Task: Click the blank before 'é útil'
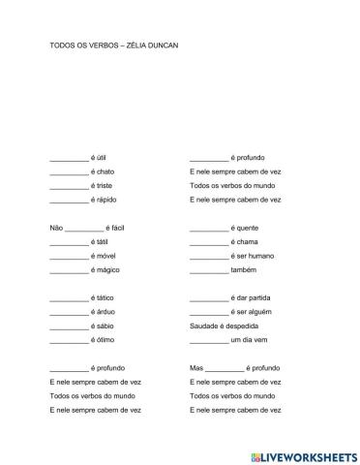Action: pos(68,157)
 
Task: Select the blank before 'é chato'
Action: pos(68,171)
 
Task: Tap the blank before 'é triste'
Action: pos(68,185)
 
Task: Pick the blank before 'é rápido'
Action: pos(68,200)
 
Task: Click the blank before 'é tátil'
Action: pos(68,242)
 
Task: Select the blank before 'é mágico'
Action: pos(68,270)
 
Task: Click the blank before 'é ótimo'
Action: pos(68,341)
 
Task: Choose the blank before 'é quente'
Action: pos(209,228)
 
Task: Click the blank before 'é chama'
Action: pos(209,242)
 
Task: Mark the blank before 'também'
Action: pos(209,270)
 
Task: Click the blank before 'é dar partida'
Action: pos(209,298)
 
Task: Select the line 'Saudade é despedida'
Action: pos(223,327)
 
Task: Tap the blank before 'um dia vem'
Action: pos(209,341)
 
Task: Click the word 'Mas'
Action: pos(197,369)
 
